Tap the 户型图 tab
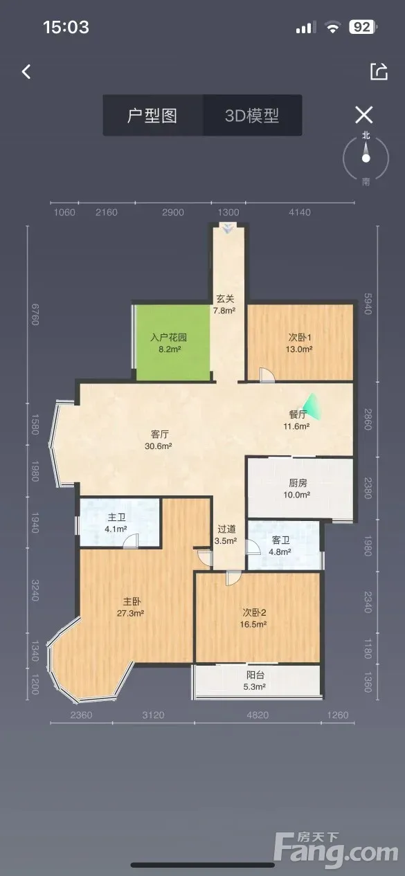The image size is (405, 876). (x=152, y=116)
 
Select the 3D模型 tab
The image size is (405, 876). (x=253, y=116)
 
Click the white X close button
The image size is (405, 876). (x=364, y=115)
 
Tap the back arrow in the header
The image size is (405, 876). (x=26, y=71)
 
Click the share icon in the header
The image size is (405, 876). (x=379, y=71)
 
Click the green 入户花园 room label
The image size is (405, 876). (x=169, y=337)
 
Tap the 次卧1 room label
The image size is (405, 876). (x=299, y=337)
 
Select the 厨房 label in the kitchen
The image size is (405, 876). (x=298, y=482)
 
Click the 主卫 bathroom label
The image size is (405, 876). (x=116, y=517)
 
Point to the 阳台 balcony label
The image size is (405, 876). (x=255, y=675)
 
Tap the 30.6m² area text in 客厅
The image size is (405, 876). (x=159, y=446)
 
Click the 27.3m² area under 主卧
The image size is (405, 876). (x=130, y=613)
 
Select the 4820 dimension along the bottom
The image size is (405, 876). (x=258, y=715)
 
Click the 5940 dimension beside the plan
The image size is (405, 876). (x=368, y=304)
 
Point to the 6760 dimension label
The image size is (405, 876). (x=35, y=314)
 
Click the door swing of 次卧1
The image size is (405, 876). (x=267, y=374)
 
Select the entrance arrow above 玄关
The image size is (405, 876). (x=227, y=228)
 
